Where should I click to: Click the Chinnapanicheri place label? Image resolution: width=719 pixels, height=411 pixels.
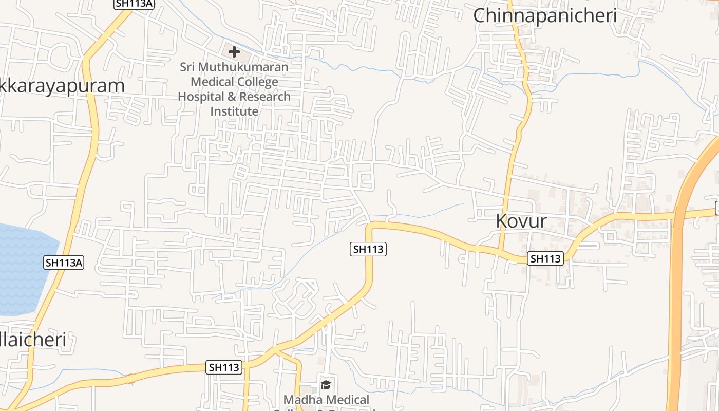(545, 15)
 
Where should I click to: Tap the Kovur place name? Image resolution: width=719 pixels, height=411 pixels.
(521, 221)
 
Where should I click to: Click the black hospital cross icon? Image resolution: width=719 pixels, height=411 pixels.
(234, 52)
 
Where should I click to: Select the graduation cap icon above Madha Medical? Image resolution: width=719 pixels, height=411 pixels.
(326, 385)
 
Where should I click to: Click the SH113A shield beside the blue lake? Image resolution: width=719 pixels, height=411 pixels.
(64, 263)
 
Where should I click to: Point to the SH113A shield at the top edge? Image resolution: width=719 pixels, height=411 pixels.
(134, 4)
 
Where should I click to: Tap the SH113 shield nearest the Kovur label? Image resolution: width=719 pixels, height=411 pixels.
(545, 258)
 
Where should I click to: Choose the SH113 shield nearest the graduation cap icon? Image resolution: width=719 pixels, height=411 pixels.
(224, 367)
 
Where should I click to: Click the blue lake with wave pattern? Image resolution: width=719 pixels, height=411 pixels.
(23, 267)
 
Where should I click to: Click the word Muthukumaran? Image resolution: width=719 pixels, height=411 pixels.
(251, 67)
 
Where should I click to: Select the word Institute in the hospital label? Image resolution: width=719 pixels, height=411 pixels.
(234, 111)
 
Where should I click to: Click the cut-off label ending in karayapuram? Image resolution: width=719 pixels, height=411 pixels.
(62, 86)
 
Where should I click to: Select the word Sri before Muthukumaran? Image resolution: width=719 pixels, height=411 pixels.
(187, 67)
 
